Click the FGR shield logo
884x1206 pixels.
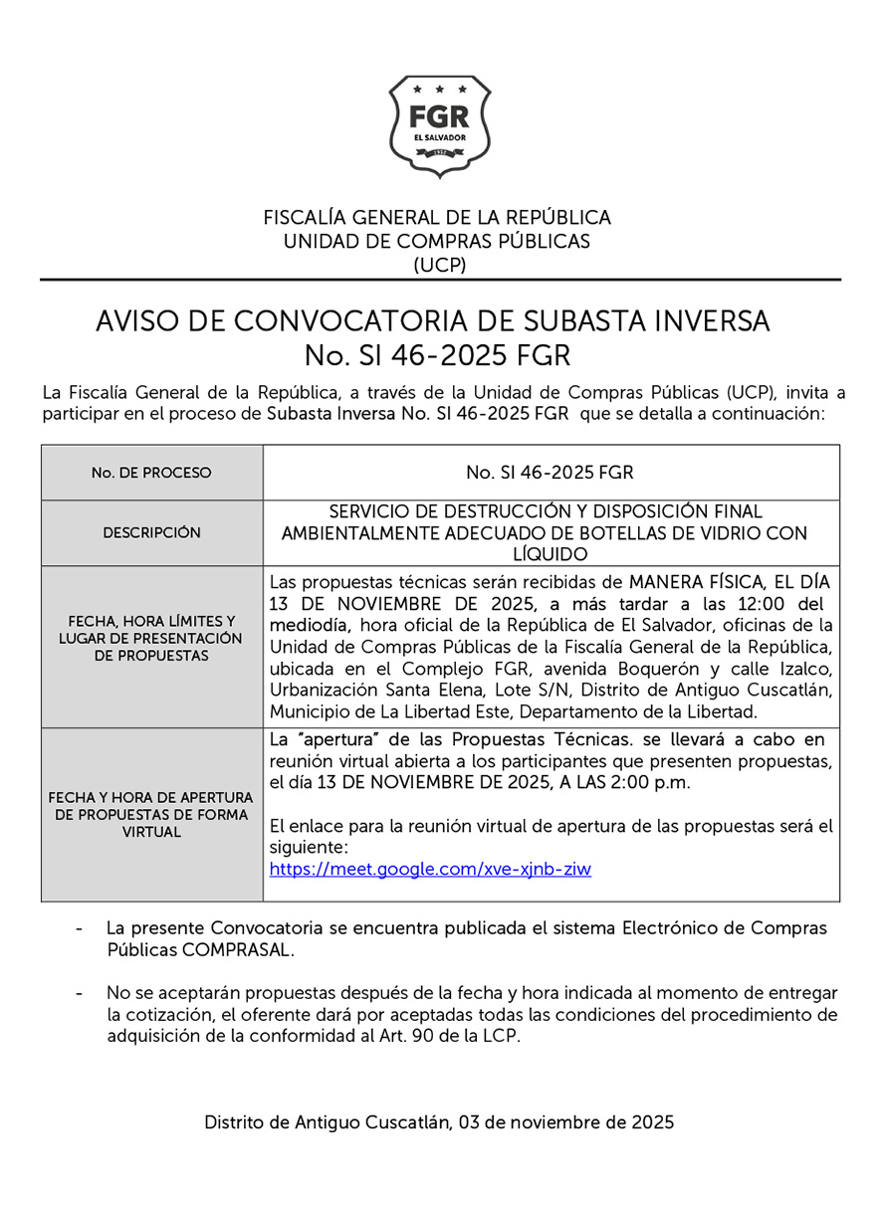coord(440,127)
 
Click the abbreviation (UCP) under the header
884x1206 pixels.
coord(439,265)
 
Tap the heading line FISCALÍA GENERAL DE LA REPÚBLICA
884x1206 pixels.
coord(437,217)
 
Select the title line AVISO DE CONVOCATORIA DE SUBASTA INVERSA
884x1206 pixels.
coord(433,321)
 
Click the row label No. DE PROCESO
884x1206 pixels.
coord(151,473)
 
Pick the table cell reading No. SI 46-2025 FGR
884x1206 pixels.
coord(550,472)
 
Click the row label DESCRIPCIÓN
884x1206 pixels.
coord(151,532)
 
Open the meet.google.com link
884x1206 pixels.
coord(430,869)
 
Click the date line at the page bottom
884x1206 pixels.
coord(439,1122)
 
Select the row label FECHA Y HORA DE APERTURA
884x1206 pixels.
coord(151,798)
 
